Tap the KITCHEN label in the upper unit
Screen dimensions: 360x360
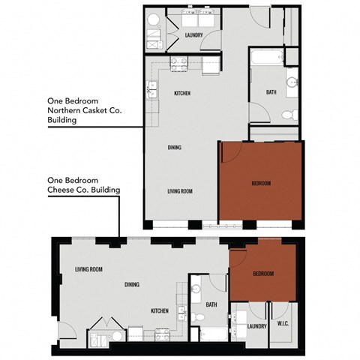click(x=181, y=93)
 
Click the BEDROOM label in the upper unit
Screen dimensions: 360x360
click(x=260, y=183)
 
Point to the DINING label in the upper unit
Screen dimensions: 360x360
click(x=175, y=148)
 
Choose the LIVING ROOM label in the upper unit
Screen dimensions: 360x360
click(x=180, y=192)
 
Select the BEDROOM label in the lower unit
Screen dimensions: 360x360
click(x=262, y=274)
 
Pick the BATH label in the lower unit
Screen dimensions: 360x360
click(x=211, y=304)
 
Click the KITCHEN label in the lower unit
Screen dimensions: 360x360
click(x=158, y=310)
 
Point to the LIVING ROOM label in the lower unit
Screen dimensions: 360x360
click(x=88, y=269)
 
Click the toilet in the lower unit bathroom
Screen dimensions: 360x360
click(x=196, y=318)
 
